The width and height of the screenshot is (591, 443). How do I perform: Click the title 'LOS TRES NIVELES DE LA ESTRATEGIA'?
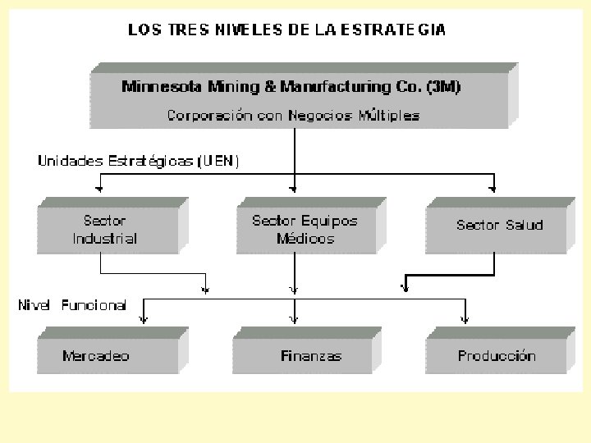(286, 30)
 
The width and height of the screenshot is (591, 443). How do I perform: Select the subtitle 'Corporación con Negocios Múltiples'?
(293, 116)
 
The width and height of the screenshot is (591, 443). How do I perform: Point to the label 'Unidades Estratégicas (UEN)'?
(139, 161)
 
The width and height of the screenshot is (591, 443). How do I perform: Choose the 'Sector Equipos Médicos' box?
(305, 230)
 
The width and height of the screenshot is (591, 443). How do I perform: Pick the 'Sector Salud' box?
(499, 225)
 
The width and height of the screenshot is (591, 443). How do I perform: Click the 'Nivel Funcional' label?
(72, 305)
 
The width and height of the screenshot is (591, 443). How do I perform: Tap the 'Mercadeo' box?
(96, 356)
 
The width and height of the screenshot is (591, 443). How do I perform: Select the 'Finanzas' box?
(311, 356)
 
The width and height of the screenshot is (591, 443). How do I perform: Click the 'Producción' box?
(497, 356)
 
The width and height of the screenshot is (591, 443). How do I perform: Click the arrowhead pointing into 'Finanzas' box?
(295, 317)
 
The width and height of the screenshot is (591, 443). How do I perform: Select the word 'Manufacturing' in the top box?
(324, 86)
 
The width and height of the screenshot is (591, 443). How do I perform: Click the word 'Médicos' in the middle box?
(305, 239)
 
